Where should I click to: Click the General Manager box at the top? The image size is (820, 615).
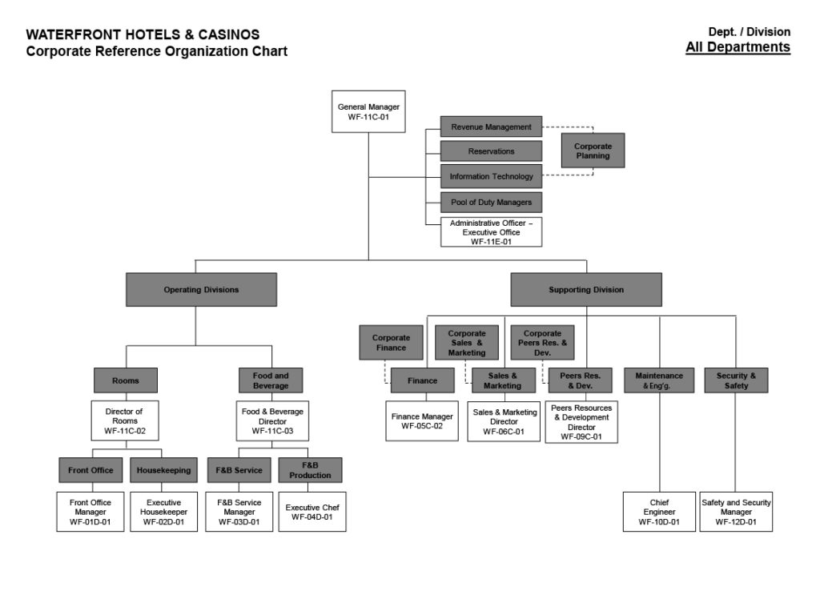click(368, 111)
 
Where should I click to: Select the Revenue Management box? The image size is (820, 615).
click(491, 127)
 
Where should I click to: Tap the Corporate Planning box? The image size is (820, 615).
click(593, 151)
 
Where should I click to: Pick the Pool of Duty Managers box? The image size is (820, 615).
click(491, 202)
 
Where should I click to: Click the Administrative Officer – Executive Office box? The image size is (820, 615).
click(491, 232)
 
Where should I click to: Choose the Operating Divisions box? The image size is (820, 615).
click(201, 290)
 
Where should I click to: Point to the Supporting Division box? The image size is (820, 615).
click(586, 290)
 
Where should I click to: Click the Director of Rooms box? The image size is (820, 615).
click(125, 421)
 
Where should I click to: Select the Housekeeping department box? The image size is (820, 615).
click(164, 470)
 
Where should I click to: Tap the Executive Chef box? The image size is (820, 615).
click(312, 512)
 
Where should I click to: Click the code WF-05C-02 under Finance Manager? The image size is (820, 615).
click(422, 426)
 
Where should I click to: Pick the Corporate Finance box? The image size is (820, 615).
click(391, 343)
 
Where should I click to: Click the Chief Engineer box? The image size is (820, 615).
click(659, 512)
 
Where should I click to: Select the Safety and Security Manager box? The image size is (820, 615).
click(736, 512)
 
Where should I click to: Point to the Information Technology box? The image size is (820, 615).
click(491, 176)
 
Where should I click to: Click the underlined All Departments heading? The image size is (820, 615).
click(738, 47)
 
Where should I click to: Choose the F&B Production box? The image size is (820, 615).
click(310, 470)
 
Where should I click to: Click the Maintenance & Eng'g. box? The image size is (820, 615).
click(659, 380)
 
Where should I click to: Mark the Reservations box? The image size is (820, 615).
click(491, 151)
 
